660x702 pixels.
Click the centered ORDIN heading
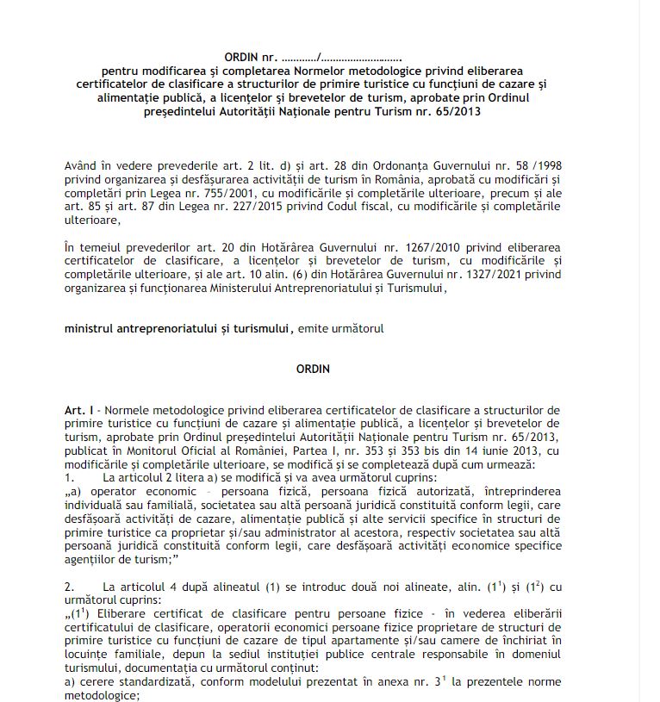point(313,369)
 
